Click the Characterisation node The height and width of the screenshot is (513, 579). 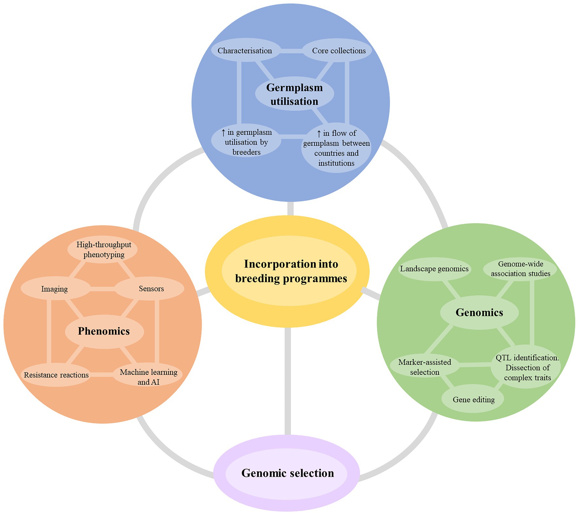click(245, 51)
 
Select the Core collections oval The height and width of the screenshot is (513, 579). click(339, 51)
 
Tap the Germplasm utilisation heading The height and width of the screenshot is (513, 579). click(294, 94)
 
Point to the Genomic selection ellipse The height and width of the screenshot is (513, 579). click(287, 473)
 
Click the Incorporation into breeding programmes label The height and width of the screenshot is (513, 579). click(291, 271)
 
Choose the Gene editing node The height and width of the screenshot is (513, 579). click(473, 399)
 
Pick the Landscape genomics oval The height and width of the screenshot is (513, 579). click(434, 269)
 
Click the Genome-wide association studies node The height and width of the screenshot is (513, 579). click(520, 269)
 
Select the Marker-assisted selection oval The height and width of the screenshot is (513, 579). click(424, 367)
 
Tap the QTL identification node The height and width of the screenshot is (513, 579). click(527, 367)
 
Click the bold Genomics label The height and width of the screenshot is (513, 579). click(479, 312)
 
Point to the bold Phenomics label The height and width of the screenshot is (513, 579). click(104, 331)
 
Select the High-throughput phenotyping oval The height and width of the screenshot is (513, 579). click(104, 249)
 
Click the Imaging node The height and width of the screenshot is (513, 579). click(55, 289)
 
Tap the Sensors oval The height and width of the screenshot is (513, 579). click(151, 289)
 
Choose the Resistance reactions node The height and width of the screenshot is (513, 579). click(56, 375)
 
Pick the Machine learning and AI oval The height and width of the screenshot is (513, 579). click(148, 377)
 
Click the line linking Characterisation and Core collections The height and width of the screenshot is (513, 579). click(291, 51)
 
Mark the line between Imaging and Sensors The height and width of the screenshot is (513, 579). click(102, 289)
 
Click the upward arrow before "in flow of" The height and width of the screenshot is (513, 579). click(319, 133)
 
